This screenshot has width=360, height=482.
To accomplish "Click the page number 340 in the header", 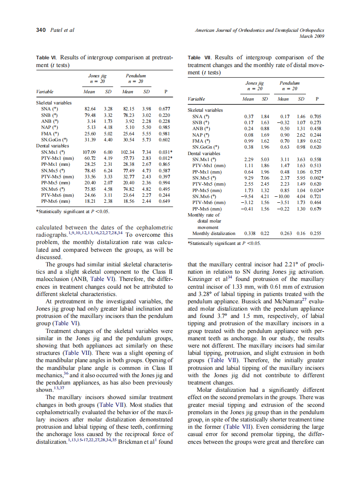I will [40, 30].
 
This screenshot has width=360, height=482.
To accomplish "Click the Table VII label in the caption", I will [200, 57].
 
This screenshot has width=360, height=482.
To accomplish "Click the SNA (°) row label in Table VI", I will [50, 109].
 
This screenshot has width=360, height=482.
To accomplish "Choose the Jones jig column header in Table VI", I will [98, 75].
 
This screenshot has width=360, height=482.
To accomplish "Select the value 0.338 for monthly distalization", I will [250, 233].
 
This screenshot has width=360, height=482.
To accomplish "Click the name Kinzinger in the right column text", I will [203, 279].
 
